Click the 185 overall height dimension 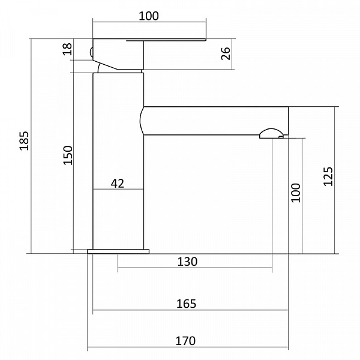[24, 141]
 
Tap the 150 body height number [68, 155]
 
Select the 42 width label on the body [118, 184]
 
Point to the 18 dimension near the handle [67, 49]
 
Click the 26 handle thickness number [226, 53]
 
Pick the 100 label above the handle [149, 16]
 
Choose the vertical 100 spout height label [296, 193]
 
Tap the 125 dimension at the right [328, 176]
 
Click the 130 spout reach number [187, 262]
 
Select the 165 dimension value [187, 304]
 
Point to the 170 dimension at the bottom [185, 341]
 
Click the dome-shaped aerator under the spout [271, 134]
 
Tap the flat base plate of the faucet [118, 251]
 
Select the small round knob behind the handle [91, 52]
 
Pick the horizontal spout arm [214, 121]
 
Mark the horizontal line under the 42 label [118, 190]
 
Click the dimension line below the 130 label [195, 268]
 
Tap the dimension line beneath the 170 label [188, 347]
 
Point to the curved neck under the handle [100, 68]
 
